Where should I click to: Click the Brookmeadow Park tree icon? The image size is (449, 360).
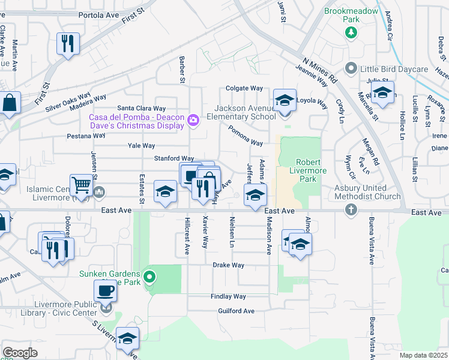(x=351, y=32)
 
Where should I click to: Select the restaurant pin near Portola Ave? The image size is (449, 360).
(x=67, y=43)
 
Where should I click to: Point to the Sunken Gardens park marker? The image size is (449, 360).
(x=150, y=277)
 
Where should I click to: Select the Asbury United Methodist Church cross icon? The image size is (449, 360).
(x=351, y=209)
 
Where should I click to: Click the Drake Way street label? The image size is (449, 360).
(x=228, y=265)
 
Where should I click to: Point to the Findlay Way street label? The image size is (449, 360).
(x=228, y=296)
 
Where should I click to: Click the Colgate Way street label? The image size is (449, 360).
(x=245, y=88)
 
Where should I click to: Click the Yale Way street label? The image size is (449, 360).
(x=141, y=145)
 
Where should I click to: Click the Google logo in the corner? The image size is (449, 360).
(x=20, y=353)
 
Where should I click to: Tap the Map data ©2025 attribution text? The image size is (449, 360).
(x=423, y=355)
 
